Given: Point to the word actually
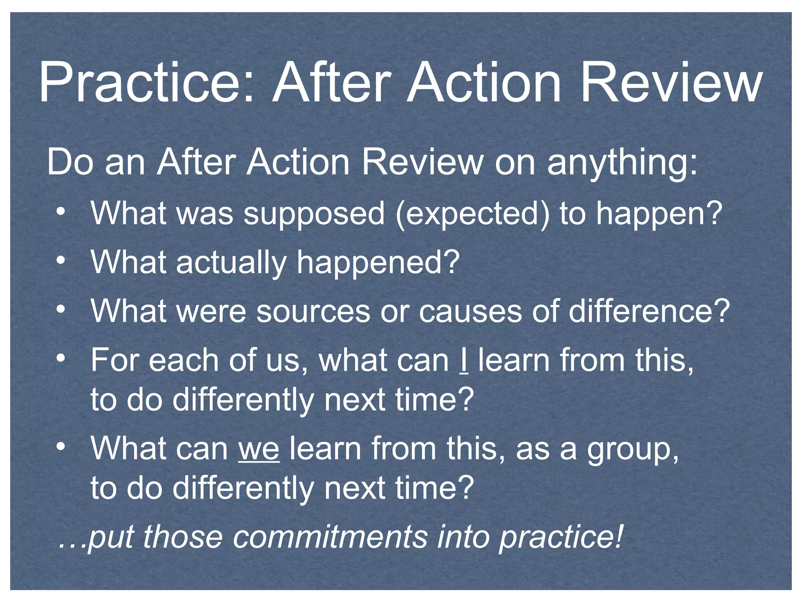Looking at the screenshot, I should [231, 263].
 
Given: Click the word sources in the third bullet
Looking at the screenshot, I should [313, 311].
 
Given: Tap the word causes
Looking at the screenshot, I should [470, 311].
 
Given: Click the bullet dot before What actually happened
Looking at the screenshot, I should [60, 260].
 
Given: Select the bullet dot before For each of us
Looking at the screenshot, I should [60, 357].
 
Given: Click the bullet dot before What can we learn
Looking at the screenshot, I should [60, 446].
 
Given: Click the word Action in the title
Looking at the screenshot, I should [484, 83].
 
